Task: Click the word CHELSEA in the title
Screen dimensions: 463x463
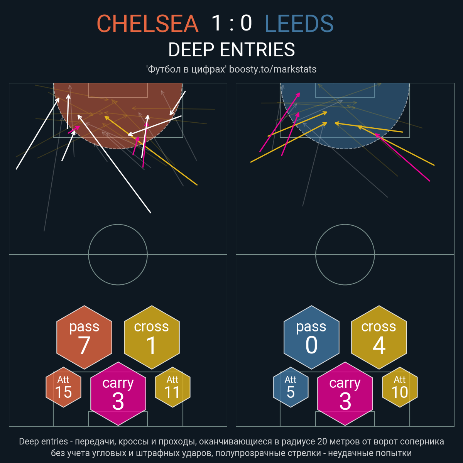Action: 147,23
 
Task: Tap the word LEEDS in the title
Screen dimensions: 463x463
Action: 299,23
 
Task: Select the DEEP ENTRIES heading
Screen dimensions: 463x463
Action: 231,49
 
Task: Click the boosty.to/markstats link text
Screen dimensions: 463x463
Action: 273,69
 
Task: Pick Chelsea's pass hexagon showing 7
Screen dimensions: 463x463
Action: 84,337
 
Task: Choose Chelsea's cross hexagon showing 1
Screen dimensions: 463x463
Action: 152,337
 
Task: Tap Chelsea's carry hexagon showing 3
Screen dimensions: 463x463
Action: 118,394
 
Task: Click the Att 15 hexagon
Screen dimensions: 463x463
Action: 63,387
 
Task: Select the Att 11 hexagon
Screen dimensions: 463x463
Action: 172,387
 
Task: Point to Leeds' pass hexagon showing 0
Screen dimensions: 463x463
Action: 311,337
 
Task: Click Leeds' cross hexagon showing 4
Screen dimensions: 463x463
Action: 379,337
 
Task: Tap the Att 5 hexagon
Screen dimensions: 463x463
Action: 291,387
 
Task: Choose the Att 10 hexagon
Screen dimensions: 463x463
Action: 400,387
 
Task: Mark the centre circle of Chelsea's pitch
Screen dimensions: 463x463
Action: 118,225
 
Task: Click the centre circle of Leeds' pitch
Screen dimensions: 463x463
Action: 345,225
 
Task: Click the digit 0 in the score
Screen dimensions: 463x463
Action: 246,23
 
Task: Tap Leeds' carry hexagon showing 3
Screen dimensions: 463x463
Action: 345,394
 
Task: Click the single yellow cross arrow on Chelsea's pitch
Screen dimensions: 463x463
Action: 151,150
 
